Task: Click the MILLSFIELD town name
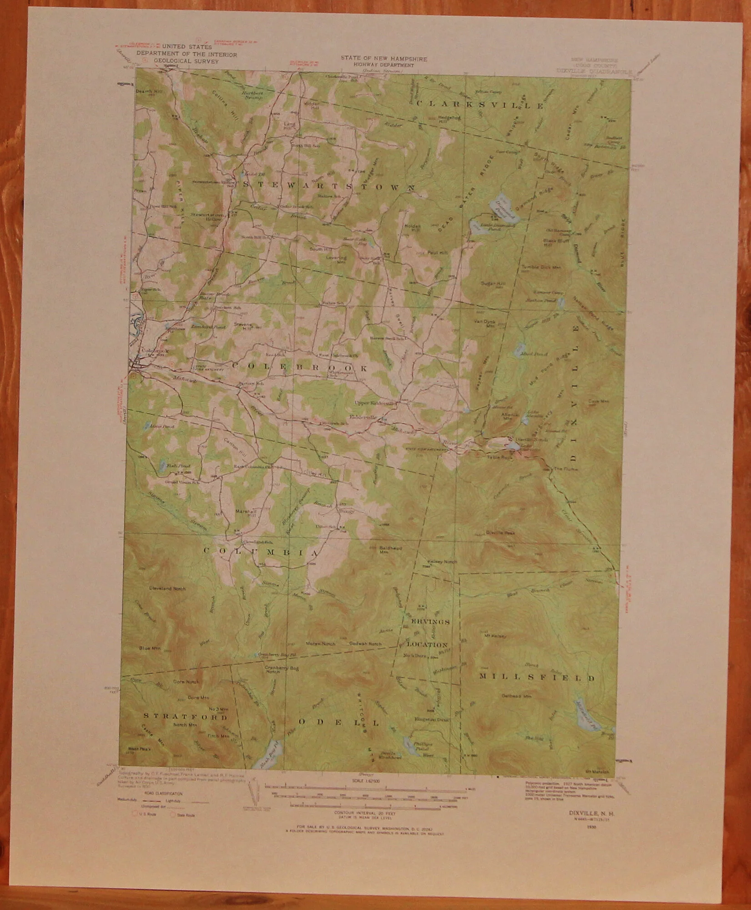point(537,677)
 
